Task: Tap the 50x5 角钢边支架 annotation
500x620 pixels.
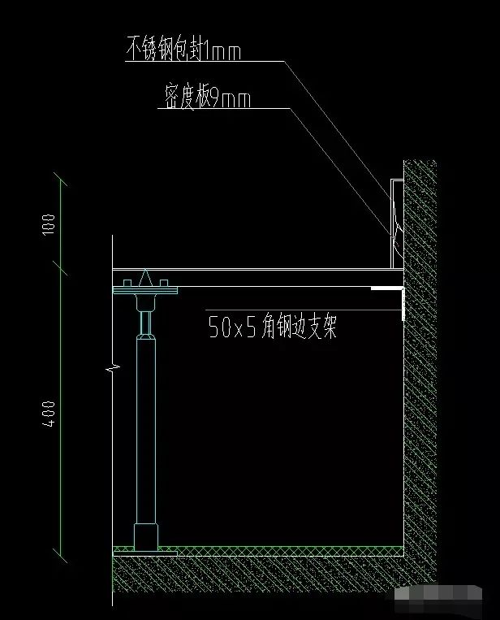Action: click(x=272, y=327)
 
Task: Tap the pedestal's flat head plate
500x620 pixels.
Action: click(x=145, y=287)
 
